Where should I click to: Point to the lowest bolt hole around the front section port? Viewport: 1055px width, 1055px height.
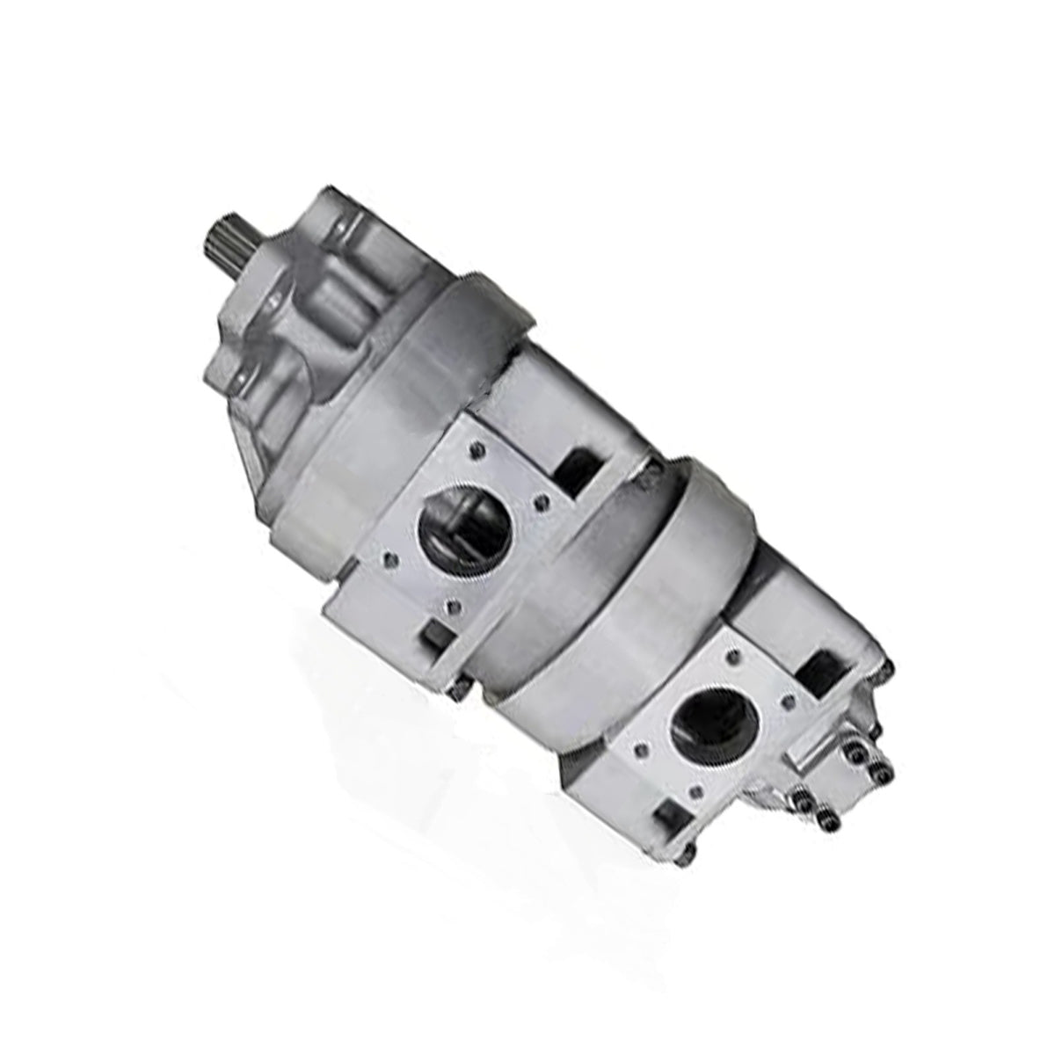click(451, 606)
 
